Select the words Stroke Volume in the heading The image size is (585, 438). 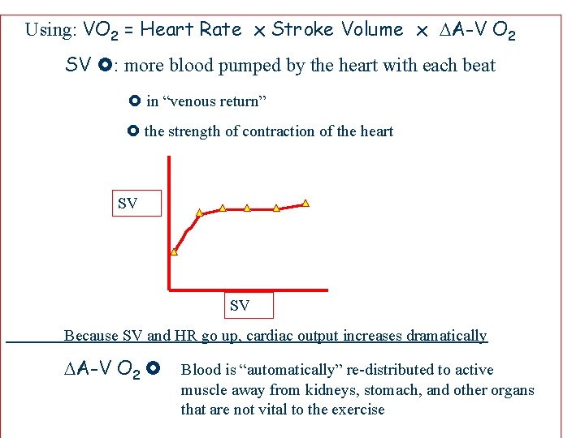click(x=337, y=30)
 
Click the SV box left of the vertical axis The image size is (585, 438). click(x=128, y=204)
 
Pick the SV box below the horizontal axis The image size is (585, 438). click(x=240, y=306)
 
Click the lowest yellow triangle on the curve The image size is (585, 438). click(x=174, y=251)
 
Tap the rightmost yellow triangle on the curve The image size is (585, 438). click(x=305, y=202)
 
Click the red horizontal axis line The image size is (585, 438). click(x=248, y=289)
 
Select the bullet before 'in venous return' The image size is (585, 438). click(x=135, y=101)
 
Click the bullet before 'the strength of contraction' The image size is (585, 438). click(x=134, y=131)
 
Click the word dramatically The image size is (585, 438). click(x=446, y=336)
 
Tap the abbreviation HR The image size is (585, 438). click(x=186, y=336)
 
